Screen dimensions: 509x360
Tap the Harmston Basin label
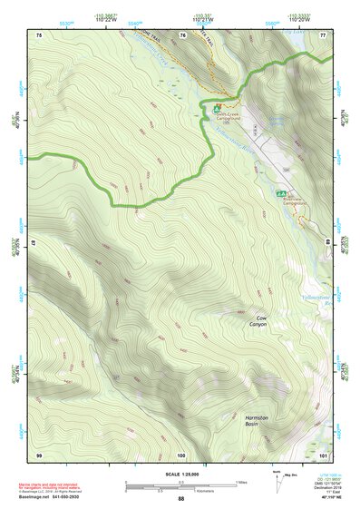(258, 421)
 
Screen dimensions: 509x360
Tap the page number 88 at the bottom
(180, 499)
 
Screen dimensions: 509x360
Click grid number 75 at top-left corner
(39, 34)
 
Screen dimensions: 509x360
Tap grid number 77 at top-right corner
(324, 34)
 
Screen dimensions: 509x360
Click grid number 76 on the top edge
(182, 34)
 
